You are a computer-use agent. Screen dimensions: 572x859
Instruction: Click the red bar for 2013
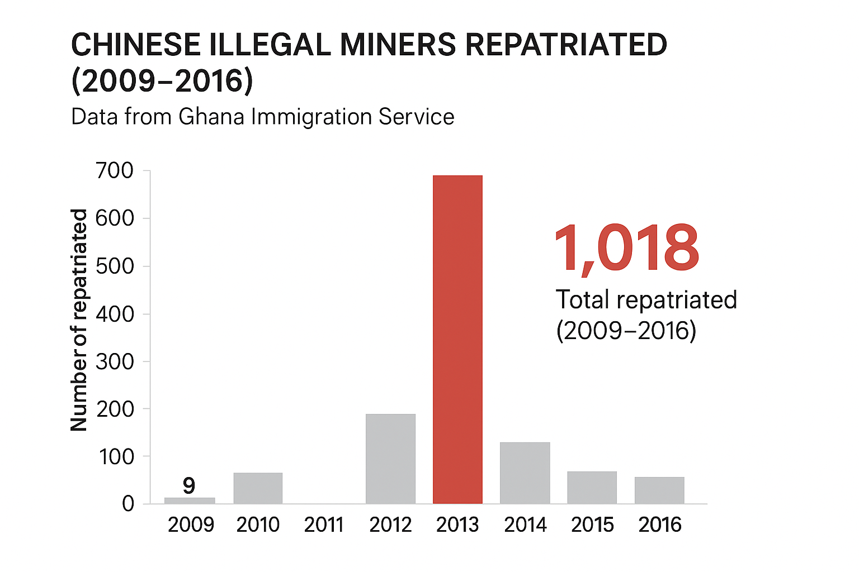click(457, 339)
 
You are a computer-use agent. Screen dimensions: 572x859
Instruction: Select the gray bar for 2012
click(390, 458)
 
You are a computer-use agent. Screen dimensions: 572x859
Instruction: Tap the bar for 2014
click(525, 473)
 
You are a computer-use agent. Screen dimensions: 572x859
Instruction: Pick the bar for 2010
click(258, 488)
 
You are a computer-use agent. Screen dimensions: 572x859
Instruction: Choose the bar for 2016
click(659, 490)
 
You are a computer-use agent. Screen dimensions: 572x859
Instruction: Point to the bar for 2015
click(592, 487)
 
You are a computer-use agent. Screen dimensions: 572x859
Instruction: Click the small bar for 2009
click(190, 500)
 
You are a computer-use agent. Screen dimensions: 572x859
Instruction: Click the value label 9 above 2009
click(189, 485)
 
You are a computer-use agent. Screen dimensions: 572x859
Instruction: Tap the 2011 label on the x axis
click(324, 525)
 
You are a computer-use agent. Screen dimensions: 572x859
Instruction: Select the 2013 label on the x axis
click(457, 525)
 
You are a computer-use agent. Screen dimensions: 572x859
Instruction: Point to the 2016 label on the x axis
click(660, 525)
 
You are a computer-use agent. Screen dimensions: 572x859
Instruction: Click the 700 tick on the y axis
click(115, 170)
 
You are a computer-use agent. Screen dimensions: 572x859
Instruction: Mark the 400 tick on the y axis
click(115, 314)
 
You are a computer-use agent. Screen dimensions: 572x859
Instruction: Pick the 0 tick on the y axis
click(128, 504)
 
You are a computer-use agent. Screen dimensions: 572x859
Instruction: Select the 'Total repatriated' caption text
click(646, 300)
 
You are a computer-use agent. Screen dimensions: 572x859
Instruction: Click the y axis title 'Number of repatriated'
click(79, 320)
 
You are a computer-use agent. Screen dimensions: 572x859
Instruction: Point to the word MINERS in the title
click(398, 45)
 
